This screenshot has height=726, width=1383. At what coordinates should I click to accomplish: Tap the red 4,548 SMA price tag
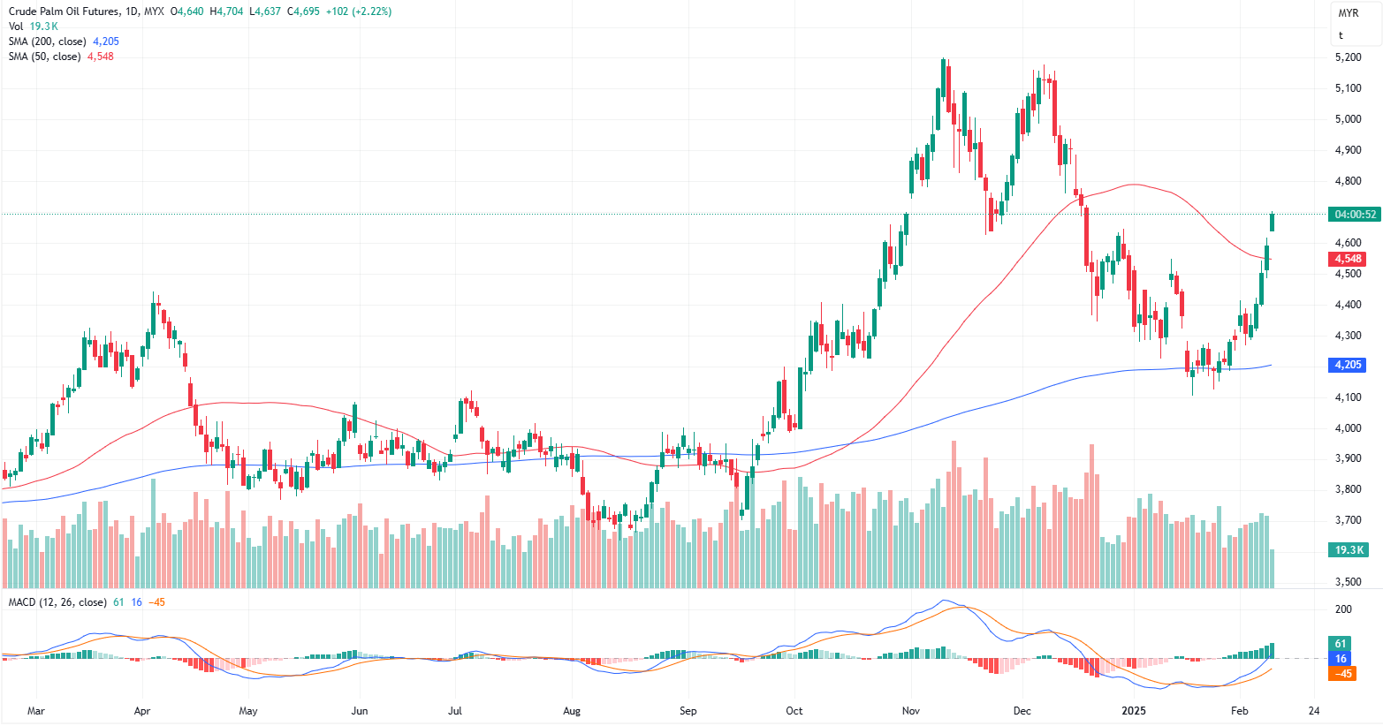[1348, 259]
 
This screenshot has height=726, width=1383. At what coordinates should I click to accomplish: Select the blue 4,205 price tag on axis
[1348, 365]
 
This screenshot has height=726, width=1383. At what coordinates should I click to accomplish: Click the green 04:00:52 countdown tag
[1356, 215]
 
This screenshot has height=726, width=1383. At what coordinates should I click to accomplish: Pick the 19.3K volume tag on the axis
[1349, 550]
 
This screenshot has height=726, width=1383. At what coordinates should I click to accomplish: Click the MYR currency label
[1348, 13]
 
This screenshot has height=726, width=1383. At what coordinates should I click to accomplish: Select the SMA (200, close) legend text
[48, 42]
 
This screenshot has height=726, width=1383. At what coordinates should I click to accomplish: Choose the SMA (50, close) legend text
[45, 57]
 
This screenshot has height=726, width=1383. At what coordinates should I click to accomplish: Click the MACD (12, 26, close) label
[57, 602]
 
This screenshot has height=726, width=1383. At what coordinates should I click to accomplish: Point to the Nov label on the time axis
[911, 711]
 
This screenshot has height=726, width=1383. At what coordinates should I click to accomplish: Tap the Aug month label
[572, 711]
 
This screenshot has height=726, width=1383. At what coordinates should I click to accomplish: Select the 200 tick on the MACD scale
[1343, 609]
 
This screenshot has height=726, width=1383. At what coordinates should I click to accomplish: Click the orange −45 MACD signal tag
[1343, 674]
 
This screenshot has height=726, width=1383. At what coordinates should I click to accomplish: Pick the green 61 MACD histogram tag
[1341, 644]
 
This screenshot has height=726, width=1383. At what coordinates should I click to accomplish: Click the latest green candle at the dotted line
[1273, 223]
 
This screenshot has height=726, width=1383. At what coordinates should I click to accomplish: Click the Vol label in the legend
[16, 27]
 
